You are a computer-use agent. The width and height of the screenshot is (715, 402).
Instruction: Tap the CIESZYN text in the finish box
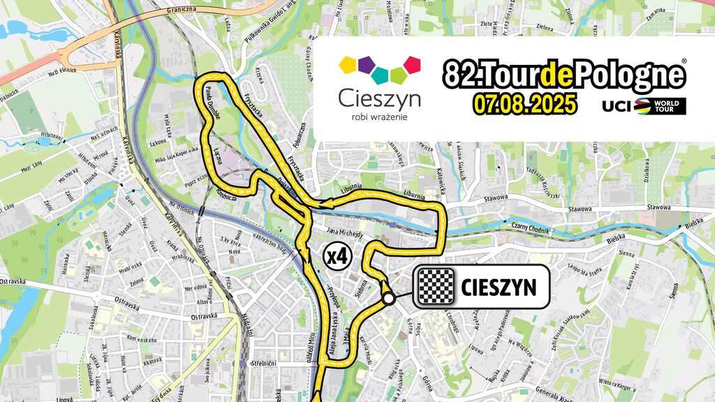tap(498, 287)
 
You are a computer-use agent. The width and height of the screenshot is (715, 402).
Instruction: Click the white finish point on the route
tap(388, 298)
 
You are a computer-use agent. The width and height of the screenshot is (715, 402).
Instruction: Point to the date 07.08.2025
tap(524, 104)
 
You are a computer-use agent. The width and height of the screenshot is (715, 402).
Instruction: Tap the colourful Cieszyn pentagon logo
tap(379, 69)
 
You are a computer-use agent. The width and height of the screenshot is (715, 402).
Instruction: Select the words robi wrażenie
tap(379, 117)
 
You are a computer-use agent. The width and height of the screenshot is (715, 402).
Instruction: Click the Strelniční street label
tap(268, 363)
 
